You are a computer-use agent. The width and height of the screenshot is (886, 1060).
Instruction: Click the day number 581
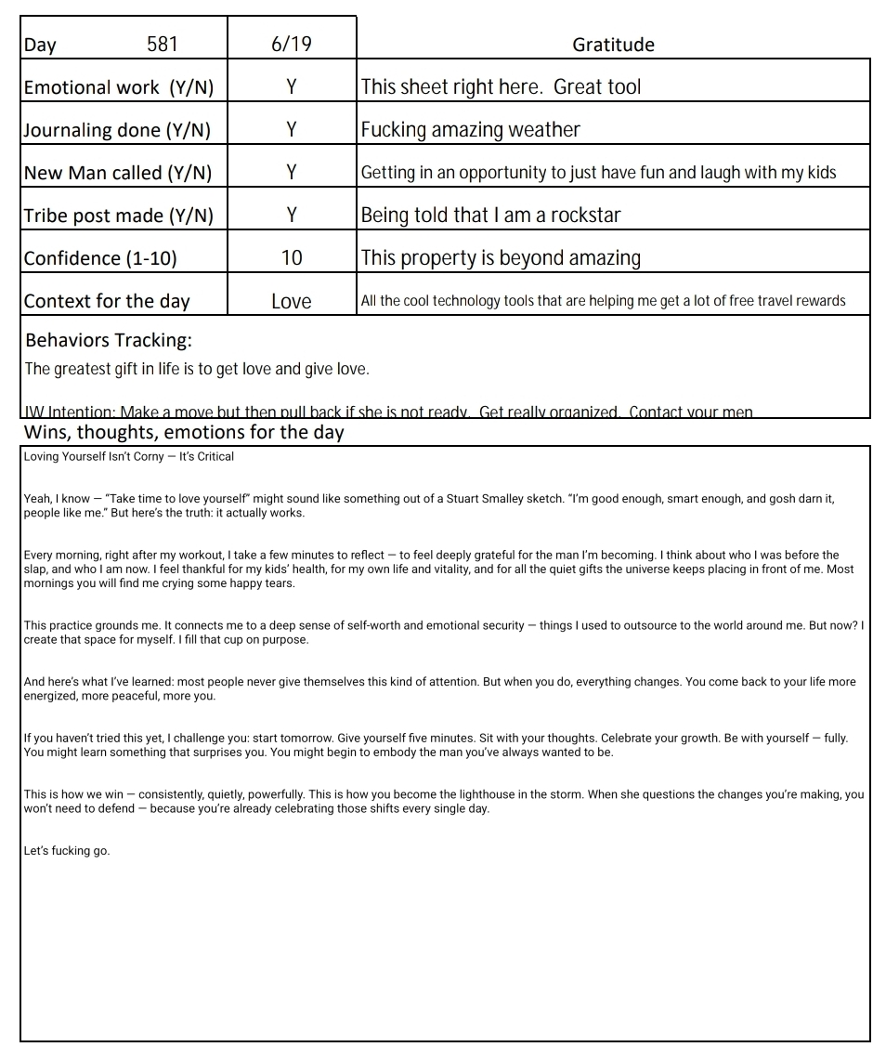tap(163, 44)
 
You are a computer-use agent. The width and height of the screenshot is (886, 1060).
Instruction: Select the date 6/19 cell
tap(291, 44)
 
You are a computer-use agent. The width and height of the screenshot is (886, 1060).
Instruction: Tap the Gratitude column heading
tap(613, 45)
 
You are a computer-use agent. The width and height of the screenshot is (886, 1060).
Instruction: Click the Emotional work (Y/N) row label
tap(119, 87)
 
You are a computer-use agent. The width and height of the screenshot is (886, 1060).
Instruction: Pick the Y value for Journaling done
tap(291, 130)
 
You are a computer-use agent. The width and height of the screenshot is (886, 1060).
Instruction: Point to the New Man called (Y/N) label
tap(118, 173)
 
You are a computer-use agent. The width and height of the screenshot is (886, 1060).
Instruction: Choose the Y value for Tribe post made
tap(291, 216)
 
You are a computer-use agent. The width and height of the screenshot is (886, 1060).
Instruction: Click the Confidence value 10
tap(291, 258)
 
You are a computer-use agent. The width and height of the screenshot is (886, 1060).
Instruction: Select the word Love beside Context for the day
tap(291, 301)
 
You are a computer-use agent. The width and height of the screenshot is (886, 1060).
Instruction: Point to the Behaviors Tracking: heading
tap(109, 340)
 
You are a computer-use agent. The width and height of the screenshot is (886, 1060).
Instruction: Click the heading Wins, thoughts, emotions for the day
tap(184, 432)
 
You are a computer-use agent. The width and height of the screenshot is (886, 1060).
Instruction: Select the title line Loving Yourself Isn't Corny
tap(129, 456)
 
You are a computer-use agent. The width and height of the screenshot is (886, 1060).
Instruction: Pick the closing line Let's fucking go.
tap(67, 850)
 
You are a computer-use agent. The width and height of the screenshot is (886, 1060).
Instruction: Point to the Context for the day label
tap(107, 301)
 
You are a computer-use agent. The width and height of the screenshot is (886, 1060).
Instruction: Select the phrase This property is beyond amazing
tap(501, 258)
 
